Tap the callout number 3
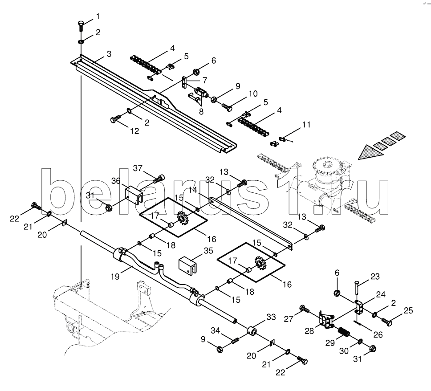(x=109, y=54)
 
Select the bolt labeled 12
(x=115, y=119)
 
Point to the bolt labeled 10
(x=227, y=107)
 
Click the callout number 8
(x=201, y=112)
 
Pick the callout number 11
(x=306, y=125)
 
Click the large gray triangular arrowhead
(x=370, y=153)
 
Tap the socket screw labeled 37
(x=159, y=179)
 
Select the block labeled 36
(x=134, y=195)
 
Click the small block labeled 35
(x=188, y=265)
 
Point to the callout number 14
(x=193, y=190)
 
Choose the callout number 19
(x=115, y=277)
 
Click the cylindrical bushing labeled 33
(x=252, y=331)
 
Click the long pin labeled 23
(x=357, y=287)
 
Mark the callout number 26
(x=378, y=334)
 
